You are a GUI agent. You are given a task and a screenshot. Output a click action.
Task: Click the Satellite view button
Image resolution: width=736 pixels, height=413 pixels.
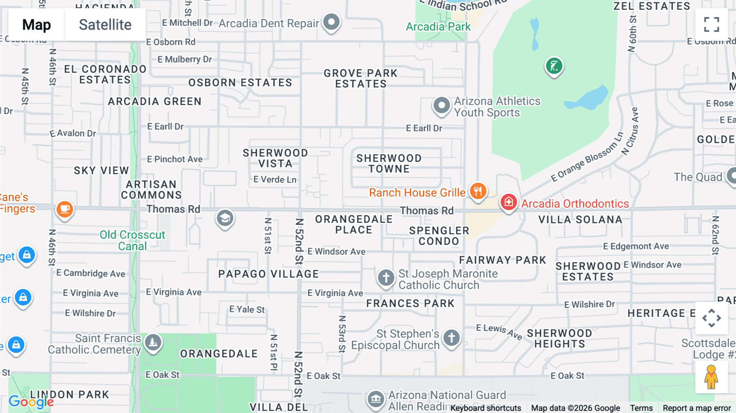[105, 25]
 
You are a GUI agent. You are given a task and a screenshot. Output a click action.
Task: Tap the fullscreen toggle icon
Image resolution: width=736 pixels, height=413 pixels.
[711, 25]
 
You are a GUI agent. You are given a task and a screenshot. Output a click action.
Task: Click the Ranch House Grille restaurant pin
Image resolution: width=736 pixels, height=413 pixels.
[478, 191]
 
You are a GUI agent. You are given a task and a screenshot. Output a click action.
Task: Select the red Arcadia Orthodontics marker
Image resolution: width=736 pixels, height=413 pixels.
[509, 202]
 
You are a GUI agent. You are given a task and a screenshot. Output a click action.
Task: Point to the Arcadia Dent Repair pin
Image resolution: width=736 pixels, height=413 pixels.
[331, 22]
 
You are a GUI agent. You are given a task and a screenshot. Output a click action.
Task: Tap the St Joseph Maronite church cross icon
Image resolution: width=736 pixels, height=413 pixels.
[386, 278]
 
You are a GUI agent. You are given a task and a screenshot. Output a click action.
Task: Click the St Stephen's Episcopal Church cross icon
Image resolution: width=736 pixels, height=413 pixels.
[451, 338]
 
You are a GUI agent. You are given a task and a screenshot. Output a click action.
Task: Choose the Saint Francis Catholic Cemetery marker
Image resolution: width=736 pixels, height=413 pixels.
[153, 342]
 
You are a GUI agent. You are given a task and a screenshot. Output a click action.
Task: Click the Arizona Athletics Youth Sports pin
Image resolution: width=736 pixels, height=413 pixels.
[442, 105]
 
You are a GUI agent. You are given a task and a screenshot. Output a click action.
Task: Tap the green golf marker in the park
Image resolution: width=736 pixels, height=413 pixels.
[554, 66]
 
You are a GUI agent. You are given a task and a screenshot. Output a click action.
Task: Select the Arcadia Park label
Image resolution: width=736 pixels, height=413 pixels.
[438, 27]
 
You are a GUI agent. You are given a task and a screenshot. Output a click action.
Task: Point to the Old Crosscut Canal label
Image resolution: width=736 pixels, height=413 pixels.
[132, 240]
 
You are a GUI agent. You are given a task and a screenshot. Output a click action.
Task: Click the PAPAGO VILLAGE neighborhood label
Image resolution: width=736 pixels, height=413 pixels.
[269, 274]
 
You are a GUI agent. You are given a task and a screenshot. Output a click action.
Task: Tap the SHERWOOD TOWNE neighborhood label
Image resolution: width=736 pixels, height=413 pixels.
[389, 164]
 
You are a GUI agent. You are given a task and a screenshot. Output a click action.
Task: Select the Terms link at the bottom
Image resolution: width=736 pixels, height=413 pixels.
[641, 408]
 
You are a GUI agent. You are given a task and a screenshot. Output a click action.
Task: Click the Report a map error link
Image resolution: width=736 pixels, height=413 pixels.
[697, 408]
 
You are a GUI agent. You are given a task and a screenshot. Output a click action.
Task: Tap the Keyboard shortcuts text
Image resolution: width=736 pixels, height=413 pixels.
[486, 408]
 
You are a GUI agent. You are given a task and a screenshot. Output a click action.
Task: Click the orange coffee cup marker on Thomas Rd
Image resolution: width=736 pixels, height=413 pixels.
[65, 209]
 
